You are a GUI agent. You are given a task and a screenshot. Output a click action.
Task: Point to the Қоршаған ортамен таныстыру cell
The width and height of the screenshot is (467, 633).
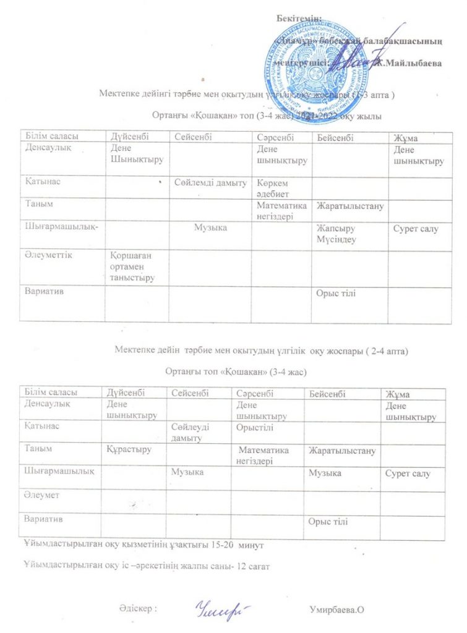(131, 266)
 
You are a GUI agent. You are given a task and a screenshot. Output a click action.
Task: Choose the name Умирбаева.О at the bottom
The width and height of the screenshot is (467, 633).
(335, 610)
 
